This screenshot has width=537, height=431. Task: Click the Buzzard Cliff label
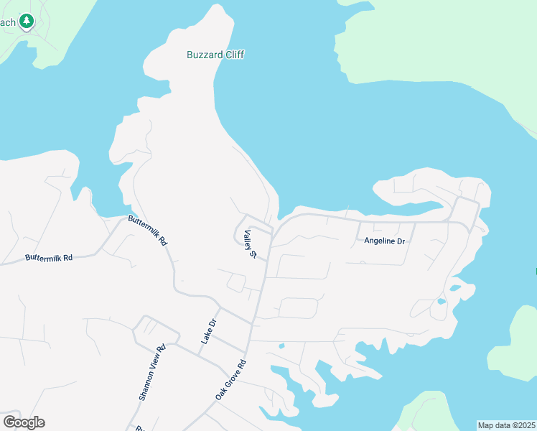click(215, 55)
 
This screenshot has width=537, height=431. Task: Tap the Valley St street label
click(250, 244)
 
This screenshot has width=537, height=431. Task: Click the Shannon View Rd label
click(151, 371)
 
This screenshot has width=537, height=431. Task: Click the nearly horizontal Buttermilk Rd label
click(49, 257)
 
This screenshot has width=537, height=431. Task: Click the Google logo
click(24, 422)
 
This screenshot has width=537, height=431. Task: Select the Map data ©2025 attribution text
click(506, 425)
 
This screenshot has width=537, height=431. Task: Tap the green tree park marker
click(27, 22)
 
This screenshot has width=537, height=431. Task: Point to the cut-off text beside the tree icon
click(7, 22)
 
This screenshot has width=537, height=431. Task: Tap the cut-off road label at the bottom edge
click(140, 427)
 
